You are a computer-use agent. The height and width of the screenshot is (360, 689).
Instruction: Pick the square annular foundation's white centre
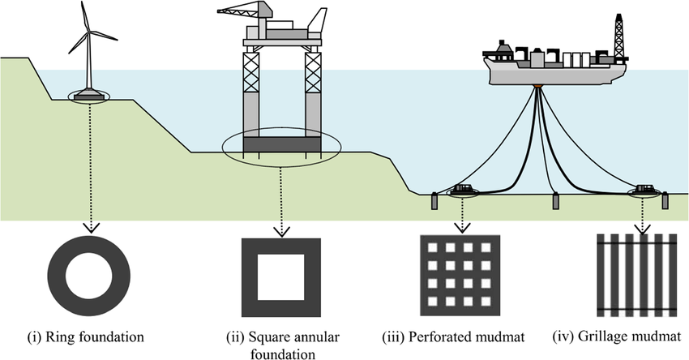point(281,275)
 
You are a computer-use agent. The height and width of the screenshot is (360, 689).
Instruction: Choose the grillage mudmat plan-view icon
point(638,276)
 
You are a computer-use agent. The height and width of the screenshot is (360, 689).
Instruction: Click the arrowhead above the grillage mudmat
point(644,229)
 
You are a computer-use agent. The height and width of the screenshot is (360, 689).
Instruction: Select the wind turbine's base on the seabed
point(88,97)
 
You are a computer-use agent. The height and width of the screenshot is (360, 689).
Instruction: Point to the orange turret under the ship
point(537,84)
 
